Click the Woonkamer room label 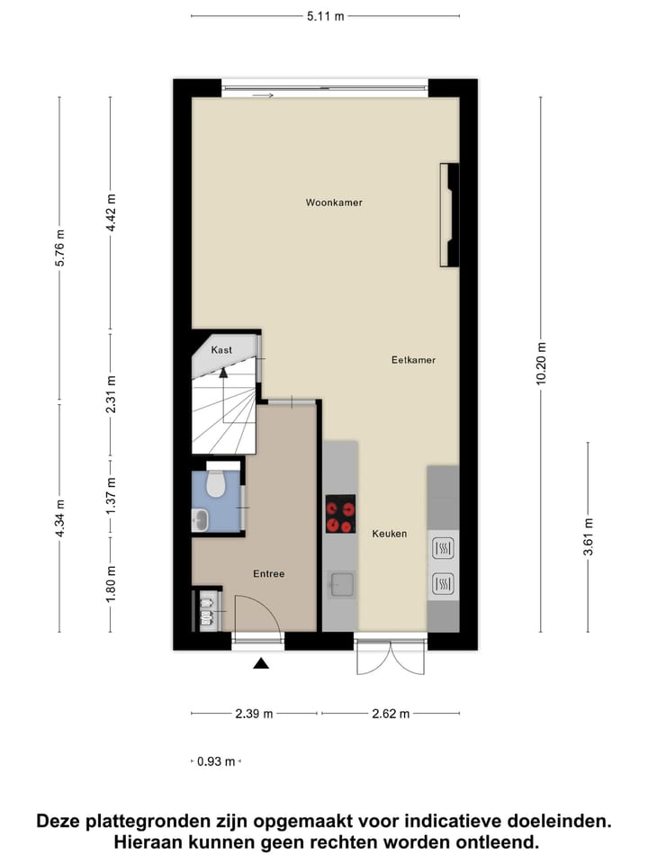coord(333,203)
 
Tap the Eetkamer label coord(413,360)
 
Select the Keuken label coord(390,534)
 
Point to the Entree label coord(268,574)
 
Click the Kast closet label coord(221,349)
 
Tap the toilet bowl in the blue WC coord(215,484)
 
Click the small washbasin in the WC coord(200,518)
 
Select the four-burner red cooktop coord(340,514)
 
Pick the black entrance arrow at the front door coord(261,664)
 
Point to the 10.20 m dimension coord(541,364)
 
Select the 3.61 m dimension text coord(589,537)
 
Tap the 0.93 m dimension coord(216,761)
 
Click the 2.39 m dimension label coord(254,714)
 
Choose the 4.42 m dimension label coord(111,213)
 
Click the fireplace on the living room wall coord(447,215)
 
